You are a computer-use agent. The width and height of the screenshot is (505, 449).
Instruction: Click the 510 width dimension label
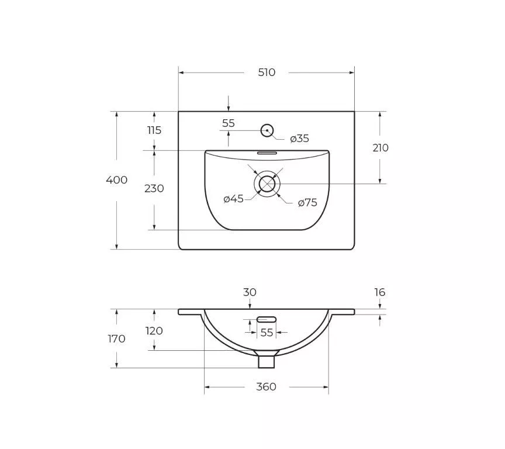tap(267, 72)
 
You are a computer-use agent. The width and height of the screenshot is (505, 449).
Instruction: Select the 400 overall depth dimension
tap(116, 179)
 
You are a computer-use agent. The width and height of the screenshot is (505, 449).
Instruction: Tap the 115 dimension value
tap(154, 130)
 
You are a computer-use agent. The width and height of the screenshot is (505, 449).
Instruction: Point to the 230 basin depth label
tap(154, 188)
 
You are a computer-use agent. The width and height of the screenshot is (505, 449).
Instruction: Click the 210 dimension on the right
tap(381, 148)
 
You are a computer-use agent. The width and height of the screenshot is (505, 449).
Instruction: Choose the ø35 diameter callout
tap(299, 139)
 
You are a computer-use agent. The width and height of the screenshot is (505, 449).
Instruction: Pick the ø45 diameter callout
tap(233, 199)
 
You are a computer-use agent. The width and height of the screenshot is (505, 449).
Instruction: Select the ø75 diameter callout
tap(307, 203)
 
